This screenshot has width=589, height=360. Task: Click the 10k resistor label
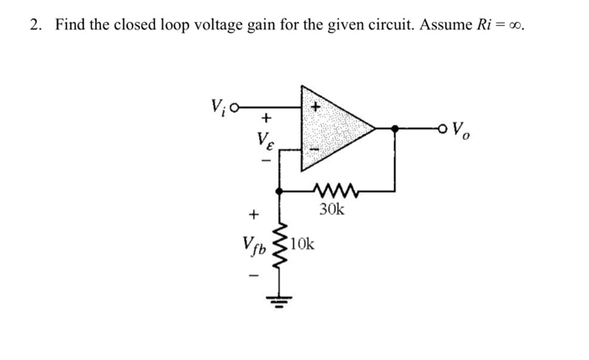coord(303,245)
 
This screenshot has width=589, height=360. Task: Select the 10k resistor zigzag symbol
coord(282,248)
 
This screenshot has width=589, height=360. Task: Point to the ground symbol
coord(282,299)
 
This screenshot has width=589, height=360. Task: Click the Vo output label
coord(461,130)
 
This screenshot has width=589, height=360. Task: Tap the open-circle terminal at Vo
coord(443,129)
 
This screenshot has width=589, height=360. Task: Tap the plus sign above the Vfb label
coord(252,215)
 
